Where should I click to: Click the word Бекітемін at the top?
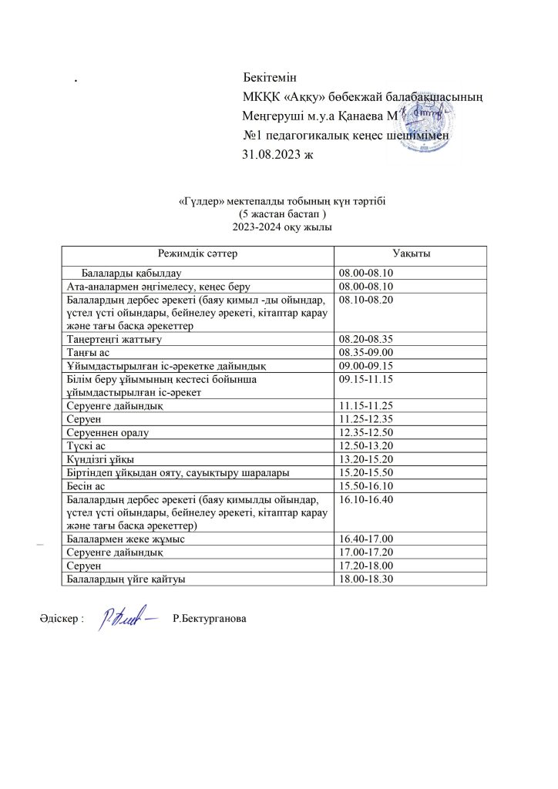pos(270,79)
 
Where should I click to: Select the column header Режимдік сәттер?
pos(198,253)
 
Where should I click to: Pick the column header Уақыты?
pos(411,253)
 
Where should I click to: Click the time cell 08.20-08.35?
pos(365,338)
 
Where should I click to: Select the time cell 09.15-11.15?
pos(365,379)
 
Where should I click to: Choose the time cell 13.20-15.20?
pos(365,459)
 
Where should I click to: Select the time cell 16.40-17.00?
pos(365,539)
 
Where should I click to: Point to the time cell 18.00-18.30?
pos(365,579)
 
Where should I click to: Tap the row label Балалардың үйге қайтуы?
pos(126,579)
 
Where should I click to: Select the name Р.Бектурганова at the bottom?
pos(210,619)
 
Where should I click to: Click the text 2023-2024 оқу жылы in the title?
pos(278,227)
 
